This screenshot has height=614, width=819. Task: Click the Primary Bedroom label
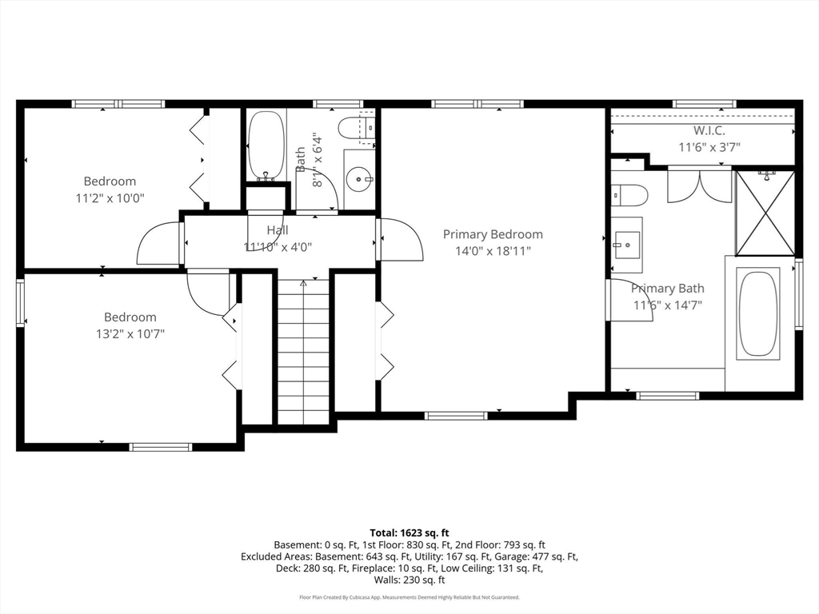coord(493,234)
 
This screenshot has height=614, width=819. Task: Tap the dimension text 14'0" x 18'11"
coord(493,251)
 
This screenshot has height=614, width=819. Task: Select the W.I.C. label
coord(709,130)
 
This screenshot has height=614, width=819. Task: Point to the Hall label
coord(278,229)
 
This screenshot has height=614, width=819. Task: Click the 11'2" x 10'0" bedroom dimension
coord(110,198)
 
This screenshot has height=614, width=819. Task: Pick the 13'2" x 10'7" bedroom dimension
coord(130,334)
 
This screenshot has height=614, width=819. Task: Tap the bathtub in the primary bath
coord(758,314)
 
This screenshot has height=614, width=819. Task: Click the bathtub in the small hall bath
coord(266,146)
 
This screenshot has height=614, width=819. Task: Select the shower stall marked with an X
coord(765,213)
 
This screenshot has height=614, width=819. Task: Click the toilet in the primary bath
coord(629,196)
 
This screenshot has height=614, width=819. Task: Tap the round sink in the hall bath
coord(359,179)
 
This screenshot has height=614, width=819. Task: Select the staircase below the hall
coord(303,352)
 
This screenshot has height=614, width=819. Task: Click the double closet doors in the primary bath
coord(699,185)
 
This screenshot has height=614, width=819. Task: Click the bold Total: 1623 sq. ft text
coord(409,533)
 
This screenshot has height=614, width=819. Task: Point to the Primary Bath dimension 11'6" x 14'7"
coord(668,305)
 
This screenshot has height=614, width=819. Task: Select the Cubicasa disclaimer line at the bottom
coord(409,597)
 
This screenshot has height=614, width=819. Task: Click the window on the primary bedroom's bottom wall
coord(456,416)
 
